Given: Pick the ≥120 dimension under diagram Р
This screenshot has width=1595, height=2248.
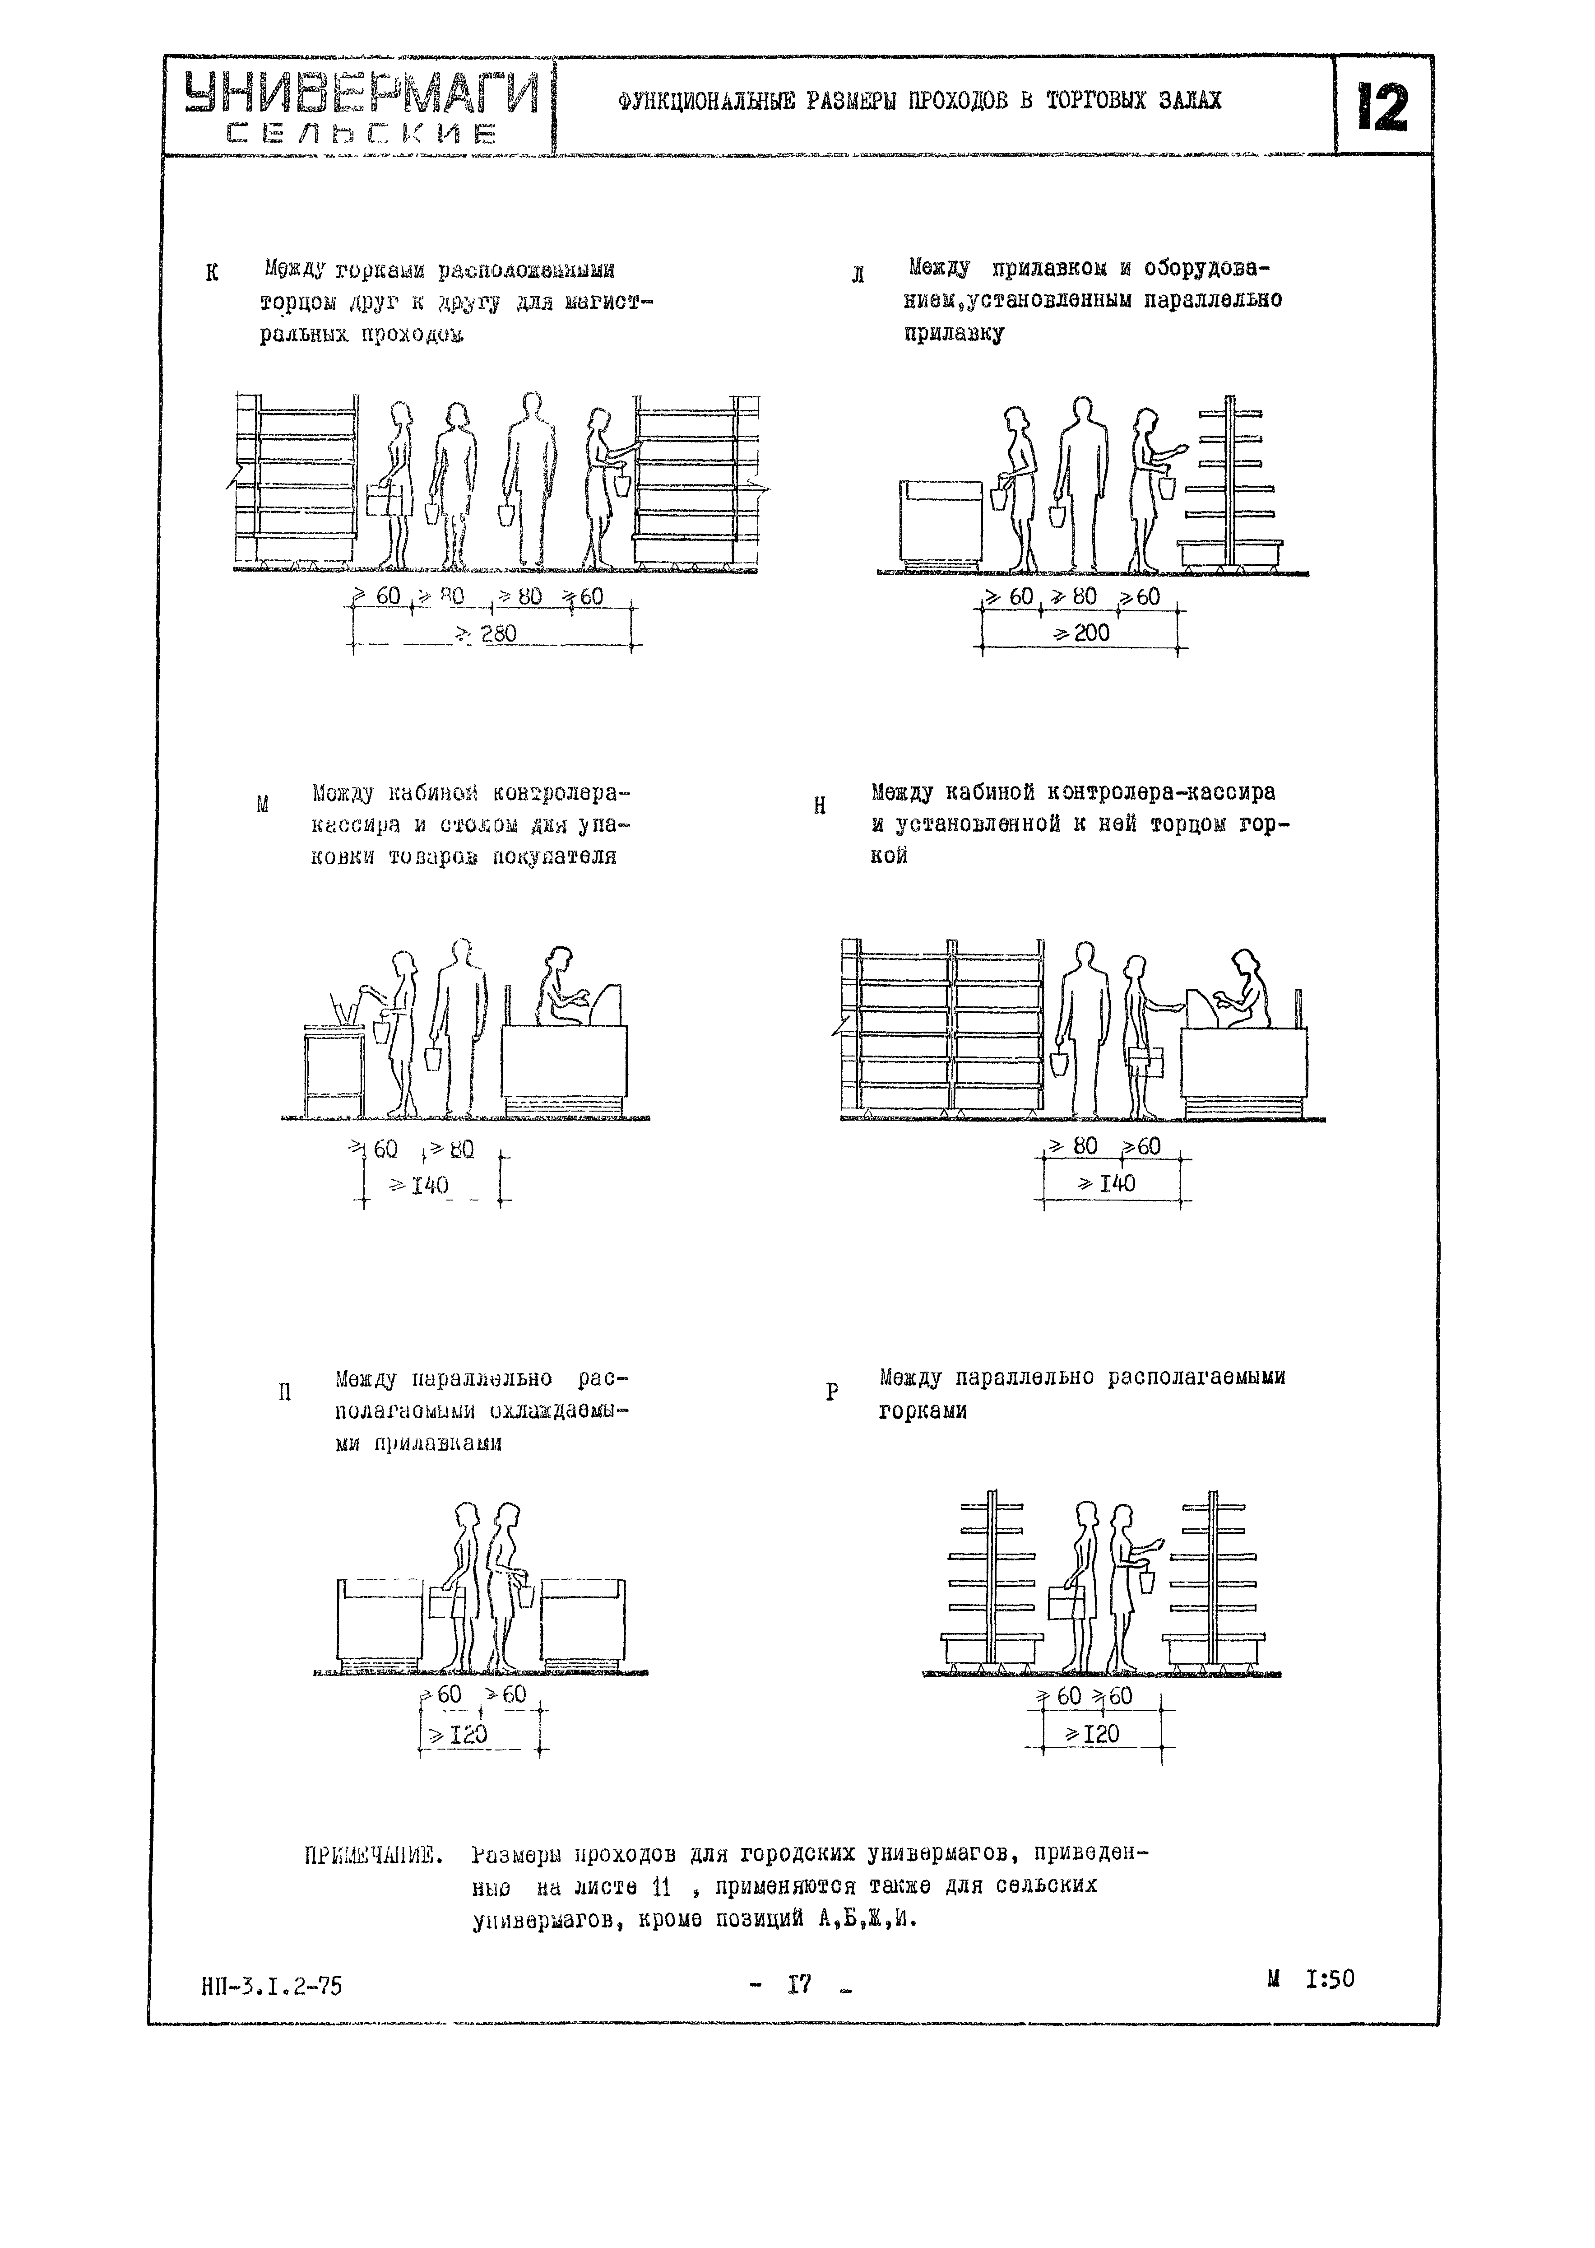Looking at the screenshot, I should tap(1092, 1734).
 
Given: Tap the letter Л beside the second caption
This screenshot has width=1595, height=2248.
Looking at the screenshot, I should tap(858, 275).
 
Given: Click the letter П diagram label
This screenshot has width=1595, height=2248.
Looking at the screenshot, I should tap(285, 1392).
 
